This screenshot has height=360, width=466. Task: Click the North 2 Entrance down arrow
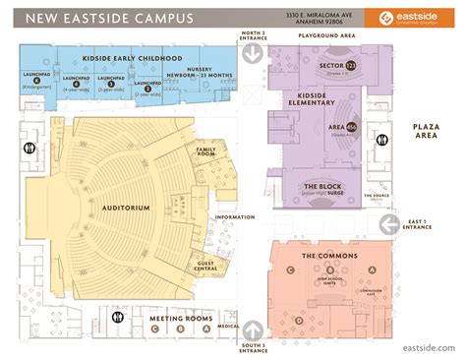(252, 57)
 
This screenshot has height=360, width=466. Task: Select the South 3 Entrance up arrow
(252, 330)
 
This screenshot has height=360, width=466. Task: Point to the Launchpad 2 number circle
(146, 89)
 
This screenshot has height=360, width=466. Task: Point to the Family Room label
(206, 152)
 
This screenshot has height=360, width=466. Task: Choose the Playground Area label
(321, 34)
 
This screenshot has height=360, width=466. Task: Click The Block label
(321, 188)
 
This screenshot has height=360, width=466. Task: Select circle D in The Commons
(299, 322)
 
